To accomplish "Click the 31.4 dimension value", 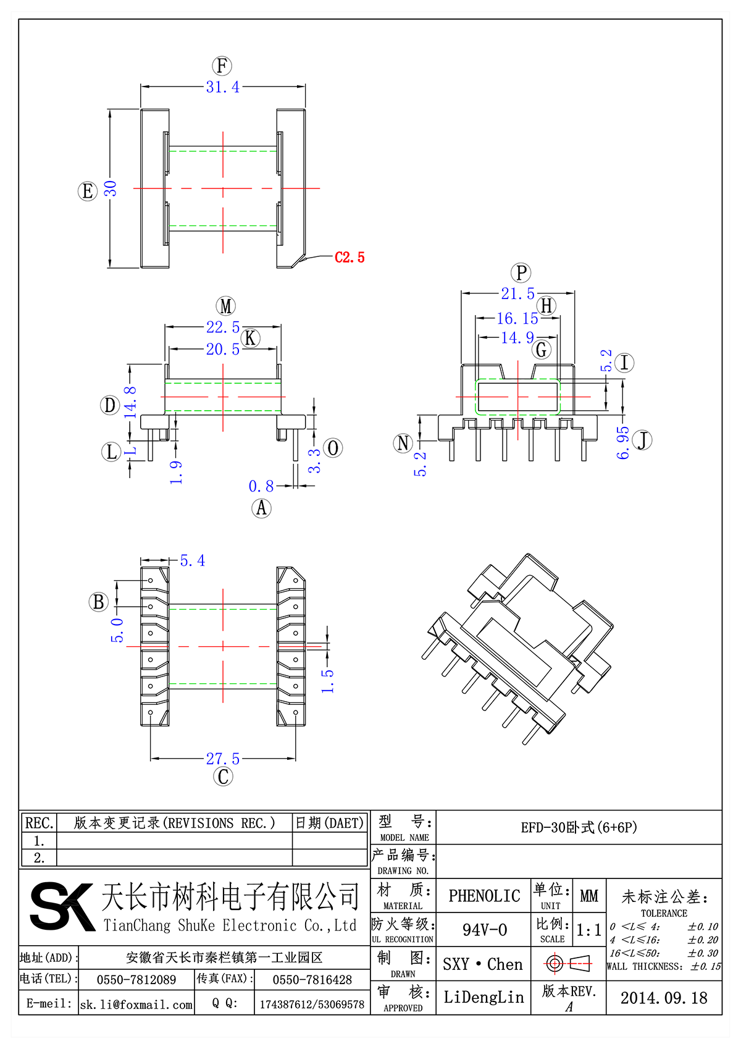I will point(223,87).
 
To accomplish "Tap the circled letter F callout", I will point(222,66).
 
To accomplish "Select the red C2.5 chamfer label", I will point(350,258).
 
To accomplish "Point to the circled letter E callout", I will point(88,191).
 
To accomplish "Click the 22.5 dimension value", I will point(223,327).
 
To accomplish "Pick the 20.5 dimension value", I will point(223,349).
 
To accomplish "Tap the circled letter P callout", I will point(521,272).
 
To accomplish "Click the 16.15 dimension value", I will point(517,318).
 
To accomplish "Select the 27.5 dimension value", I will point(223,759).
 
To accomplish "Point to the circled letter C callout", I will point(223,777).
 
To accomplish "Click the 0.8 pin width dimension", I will point(261,486).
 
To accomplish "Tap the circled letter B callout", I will point(98,602).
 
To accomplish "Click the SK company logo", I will point(62,906).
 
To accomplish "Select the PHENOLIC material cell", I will point(484,896).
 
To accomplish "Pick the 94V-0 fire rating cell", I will point(484,930).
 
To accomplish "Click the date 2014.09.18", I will point(664,998).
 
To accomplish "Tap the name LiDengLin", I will point(484,997).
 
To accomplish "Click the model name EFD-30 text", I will point(579,827).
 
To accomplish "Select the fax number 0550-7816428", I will point(312,980).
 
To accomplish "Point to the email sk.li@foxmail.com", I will point(136,1005).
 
